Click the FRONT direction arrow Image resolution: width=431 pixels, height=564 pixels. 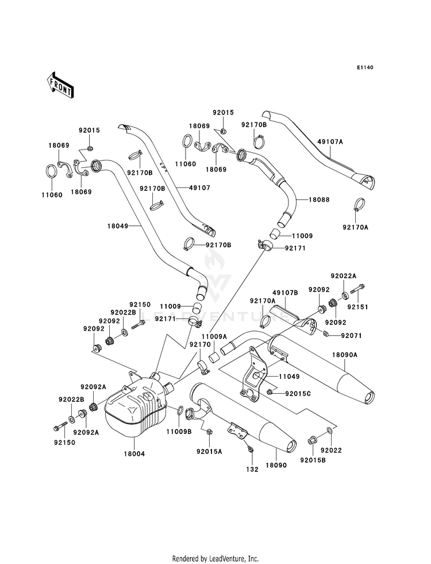click(x=60, y=85)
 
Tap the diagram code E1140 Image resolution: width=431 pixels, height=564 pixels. click(x=365, y=67)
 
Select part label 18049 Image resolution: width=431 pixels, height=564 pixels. click(x=118, y=227)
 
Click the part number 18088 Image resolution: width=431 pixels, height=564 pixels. click(x=319, y=199)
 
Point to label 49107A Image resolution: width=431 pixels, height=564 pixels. click(x=330, y=142)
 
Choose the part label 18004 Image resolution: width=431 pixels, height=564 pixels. click(x=134, y=454)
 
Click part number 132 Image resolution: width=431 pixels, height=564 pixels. click(x=252, y=469)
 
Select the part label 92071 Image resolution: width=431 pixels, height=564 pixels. click(x=352, y=336)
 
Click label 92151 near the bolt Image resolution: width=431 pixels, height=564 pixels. click(x=357, y=307)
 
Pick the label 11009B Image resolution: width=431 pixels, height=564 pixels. click(x=179, y=432)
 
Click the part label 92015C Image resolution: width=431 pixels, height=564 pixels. click(x=298, y=393)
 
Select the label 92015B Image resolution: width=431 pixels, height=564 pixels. click(x=313, y=460)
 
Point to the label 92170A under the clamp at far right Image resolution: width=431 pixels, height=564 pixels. click(x=355, y=227)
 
